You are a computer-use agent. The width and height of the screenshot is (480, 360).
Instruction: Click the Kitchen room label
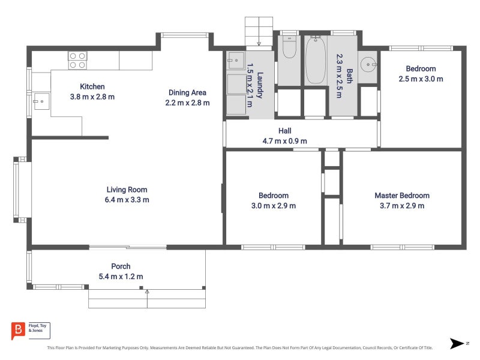[x=92, y=86]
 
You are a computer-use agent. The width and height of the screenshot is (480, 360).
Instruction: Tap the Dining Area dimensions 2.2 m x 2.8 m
[x=187, y=103]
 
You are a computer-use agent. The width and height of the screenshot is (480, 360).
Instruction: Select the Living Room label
[x=127, y=190]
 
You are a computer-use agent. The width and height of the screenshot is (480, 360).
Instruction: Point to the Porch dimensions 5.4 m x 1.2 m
[x=121, y=277]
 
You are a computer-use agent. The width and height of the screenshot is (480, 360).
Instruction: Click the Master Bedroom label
[x=402, y=196]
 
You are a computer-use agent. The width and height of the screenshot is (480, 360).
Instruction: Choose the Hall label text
[x=284, y=131]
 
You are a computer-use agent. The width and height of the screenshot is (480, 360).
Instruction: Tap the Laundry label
[x=260, y=85]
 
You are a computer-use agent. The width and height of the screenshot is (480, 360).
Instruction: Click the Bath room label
[x=349, y=76]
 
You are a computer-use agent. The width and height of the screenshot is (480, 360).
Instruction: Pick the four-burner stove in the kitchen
[x=77, y=61]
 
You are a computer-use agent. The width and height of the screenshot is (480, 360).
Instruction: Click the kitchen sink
[x=41, y=101]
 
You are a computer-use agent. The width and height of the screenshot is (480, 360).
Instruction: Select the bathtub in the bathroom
[x=316, y=59]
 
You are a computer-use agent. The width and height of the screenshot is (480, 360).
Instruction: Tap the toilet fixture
[x=289, y=47]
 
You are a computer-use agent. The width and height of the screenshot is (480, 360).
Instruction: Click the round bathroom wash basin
[x=368, y=65]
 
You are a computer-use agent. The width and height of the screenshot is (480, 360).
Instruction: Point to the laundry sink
[x=236, y=61]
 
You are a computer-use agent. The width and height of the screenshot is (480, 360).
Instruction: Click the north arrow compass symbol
[x=457, y=343]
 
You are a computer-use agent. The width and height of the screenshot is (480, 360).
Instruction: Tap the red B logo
[x=18, y=331]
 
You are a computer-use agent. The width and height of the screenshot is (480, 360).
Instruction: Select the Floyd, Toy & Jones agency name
[x=37, y=328]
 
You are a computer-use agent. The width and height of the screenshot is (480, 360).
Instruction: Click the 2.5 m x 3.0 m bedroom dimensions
[x=421, y=79]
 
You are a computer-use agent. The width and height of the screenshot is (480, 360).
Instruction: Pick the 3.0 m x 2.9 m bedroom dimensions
[x=274, y=206]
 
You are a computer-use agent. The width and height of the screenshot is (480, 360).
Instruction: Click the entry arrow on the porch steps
[x=147, y=298]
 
